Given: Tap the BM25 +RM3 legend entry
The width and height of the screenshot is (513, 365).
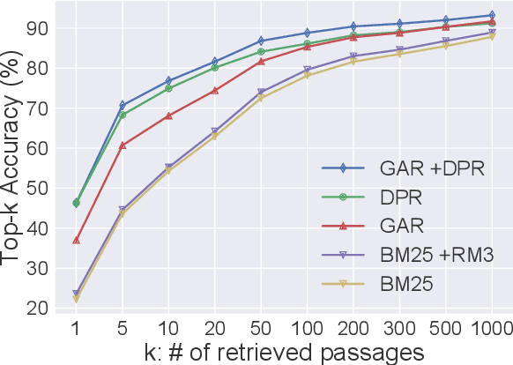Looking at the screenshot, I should click(x=402, y=255).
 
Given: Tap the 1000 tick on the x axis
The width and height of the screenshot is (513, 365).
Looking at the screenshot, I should click(x=490, y=328).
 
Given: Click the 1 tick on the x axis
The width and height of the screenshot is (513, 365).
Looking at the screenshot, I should click(x=77, y=328).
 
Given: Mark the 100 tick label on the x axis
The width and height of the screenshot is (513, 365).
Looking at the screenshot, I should click(x=307, y=328).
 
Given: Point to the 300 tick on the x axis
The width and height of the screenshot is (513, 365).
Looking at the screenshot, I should click(x=399, y=328).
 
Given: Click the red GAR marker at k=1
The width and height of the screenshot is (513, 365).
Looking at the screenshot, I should click(x=77, y=240).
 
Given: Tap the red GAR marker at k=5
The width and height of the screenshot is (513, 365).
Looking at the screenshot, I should click(x=123, y=145).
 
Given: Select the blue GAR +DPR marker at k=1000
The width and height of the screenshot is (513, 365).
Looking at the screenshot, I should click(x=491, y=15).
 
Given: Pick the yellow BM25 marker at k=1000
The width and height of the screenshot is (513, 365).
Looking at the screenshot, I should click(x=491, y=36).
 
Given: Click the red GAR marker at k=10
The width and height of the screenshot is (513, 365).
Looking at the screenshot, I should click(x=168, y=115).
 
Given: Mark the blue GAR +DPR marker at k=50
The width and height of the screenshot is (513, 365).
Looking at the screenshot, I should click(x=261, y=41).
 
